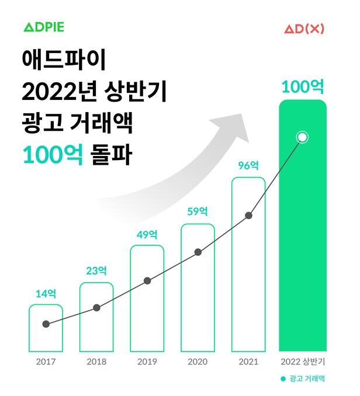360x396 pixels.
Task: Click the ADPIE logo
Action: (44, 27)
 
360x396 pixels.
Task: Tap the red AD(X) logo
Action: (303, 27)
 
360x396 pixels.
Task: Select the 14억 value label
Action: (46, 293)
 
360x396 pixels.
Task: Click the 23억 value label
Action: (96, 271)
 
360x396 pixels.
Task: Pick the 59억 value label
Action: (198, 212)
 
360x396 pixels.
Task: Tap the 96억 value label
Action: (248, 165)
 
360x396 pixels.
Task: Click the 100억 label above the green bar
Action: (302, 87)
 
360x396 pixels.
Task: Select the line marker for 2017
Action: (46, 324)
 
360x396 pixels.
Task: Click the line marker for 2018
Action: (96, 308)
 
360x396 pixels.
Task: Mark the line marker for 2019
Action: (147, 281)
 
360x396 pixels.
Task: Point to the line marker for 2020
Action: (198, 252)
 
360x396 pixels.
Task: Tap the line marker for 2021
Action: (248, 216)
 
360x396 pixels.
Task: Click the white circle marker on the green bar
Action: (302, 138)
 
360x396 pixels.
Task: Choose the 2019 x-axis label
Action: (147, 362)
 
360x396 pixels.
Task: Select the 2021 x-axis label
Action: (248, 362)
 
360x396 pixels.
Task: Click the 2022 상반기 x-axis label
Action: (302, 362)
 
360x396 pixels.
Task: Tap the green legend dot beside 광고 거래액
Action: (282, 378)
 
